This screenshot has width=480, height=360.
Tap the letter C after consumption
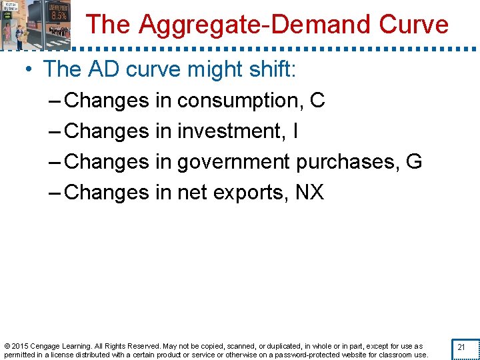pyautogui.click(x=317, y=101)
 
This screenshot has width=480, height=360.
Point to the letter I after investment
pyautogui.click(x=295, y=131)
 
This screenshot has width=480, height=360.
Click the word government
pyautogui.click(x=233, y=162)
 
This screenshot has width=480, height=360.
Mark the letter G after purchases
pyautogui.click(x=413, y=162)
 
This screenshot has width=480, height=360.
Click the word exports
pyautogui.click(x=251, y=193)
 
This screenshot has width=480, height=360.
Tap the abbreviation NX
pyautogui.click(x=309, y=193)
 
